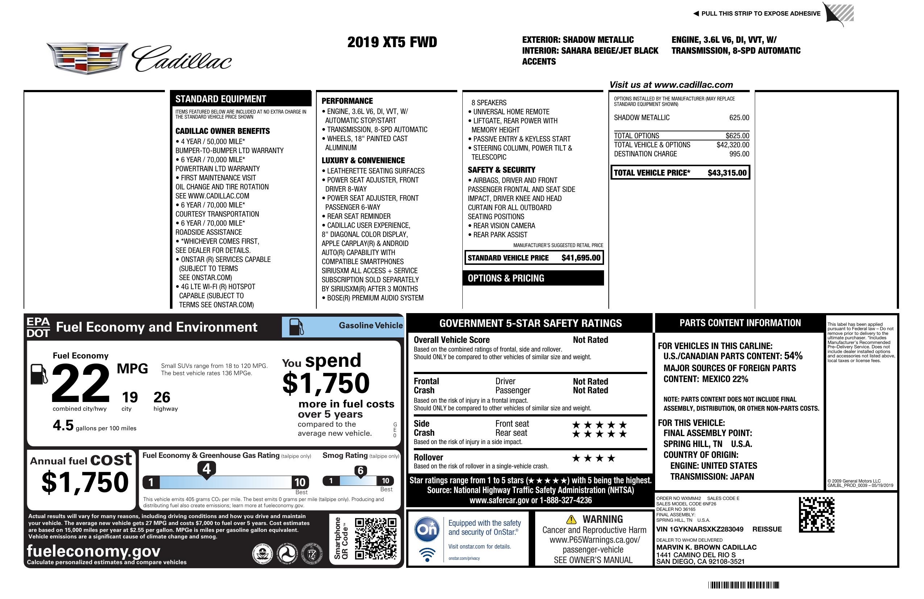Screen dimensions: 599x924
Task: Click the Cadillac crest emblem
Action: (x=87, y=58)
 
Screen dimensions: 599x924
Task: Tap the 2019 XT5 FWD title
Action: (x=392, y=42)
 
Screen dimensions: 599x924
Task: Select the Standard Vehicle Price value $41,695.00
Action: (x=580, y=258)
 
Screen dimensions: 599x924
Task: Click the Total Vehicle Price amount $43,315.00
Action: (x=727, y=173)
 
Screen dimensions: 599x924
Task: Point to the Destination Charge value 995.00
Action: (x=739, y=154)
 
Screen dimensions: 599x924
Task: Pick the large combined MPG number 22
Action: (x=80, y=383)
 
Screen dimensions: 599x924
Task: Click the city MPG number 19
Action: (x=130, y=397)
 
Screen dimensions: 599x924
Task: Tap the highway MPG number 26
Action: (x=162, y=397)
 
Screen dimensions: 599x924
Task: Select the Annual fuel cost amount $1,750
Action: (x=85, y=482)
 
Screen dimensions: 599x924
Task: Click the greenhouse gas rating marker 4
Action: (x=207, y=469)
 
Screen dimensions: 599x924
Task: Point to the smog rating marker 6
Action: (x=360, y=471)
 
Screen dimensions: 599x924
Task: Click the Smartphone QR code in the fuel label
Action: (x=375, y=538)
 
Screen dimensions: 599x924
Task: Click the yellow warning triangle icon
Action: (x=571, y=519)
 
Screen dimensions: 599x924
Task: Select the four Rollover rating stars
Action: (x=593, y=458)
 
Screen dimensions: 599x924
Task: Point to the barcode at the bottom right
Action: (x=743, y=585)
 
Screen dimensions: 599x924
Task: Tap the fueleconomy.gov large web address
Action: (x=93, y=551)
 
